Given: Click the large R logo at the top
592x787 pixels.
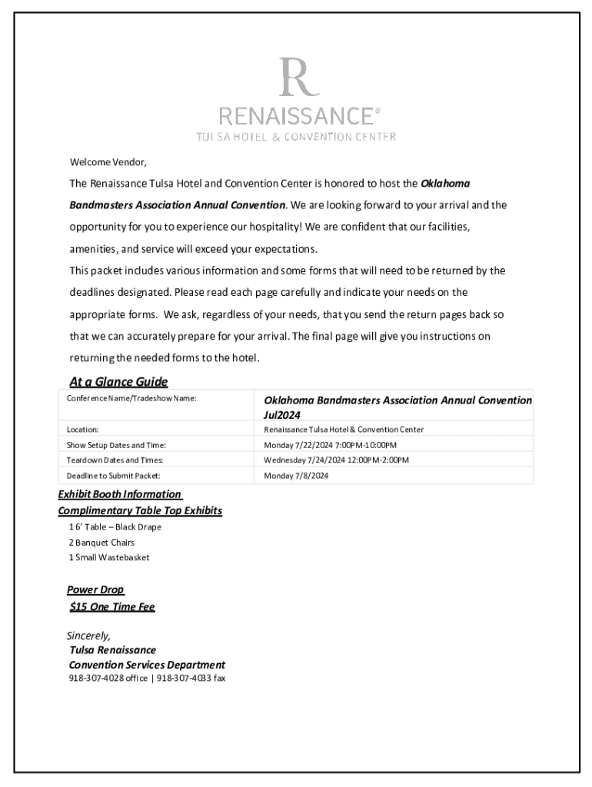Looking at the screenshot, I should click(295, 78).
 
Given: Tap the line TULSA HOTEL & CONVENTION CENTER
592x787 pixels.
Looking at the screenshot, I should click(296, 137).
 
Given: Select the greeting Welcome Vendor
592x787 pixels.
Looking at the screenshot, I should click(108, 162).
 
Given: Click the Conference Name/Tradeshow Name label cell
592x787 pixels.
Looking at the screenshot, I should click(131, 399).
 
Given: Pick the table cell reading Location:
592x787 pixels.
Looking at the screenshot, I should click(82, 430).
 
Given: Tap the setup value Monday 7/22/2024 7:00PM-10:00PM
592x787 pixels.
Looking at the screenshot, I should click(330, 445).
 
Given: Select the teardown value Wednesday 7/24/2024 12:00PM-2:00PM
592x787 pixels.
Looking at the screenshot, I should click(336, 460).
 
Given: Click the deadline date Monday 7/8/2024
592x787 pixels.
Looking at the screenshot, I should click(296, 476).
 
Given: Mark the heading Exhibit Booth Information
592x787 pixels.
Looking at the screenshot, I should click(119, 494).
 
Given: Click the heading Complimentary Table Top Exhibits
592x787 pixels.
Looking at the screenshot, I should click(140, 511).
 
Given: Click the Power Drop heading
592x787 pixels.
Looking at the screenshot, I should click(95, 590).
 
